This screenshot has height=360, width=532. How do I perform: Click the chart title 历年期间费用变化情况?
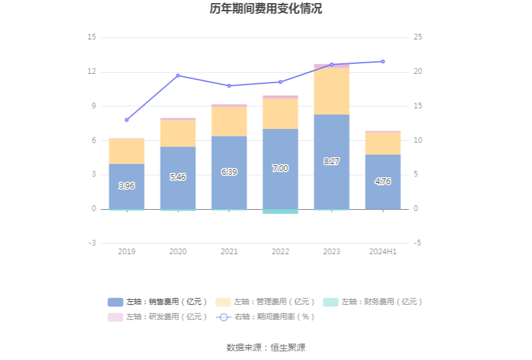(266, 9)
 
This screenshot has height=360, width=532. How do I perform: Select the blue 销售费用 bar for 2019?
(126, 186)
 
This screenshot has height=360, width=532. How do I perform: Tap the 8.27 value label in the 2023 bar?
(332, 162)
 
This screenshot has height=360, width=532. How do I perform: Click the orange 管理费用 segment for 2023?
(332, 91)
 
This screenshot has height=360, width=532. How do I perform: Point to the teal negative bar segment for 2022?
(280, 212)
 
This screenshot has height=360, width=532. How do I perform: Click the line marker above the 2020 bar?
(178, 76)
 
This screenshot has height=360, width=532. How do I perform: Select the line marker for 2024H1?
(383, 61)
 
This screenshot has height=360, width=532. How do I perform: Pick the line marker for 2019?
(126, 120)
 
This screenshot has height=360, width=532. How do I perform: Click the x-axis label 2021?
(229, 252)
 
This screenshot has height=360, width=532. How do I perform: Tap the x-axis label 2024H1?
(383, 252)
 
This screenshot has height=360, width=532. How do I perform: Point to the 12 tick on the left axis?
(91, 71)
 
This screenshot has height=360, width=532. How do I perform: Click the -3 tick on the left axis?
(91, 243)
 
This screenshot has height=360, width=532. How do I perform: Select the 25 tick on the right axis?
(418, 37)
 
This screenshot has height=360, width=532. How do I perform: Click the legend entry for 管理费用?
(265, 302)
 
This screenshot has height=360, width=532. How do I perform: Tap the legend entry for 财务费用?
(373, 302)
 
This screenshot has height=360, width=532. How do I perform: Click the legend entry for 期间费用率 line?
(265, 317)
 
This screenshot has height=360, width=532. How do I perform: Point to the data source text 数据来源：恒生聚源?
(266, 347)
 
